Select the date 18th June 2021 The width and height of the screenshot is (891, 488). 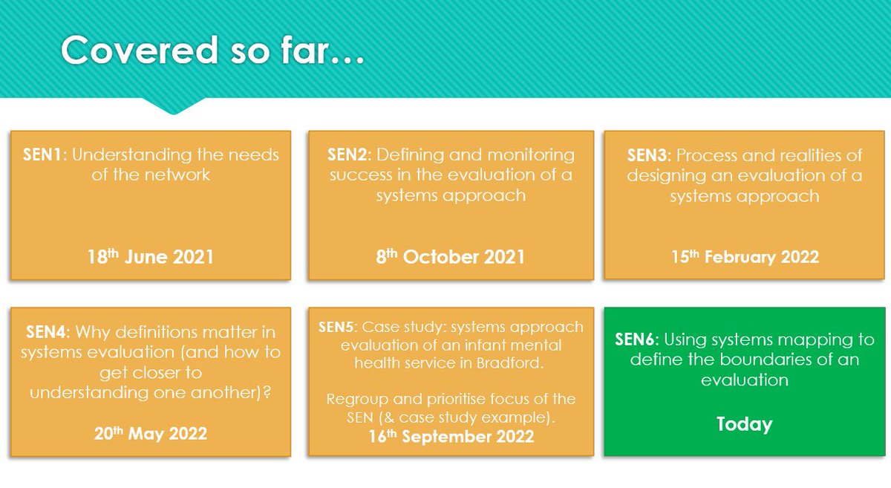coord(150,257)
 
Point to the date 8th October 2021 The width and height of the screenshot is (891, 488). coord(451,257)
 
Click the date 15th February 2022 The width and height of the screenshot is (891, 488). coord(745,257)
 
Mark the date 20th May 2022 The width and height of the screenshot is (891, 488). coord(150,434)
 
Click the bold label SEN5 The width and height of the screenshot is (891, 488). coord(338,328)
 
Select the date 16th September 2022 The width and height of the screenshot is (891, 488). coord(451,436)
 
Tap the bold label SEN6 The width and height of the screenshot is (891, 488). coord(636,340)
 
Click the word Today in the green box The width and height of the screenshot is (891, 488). coord(744,424)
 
